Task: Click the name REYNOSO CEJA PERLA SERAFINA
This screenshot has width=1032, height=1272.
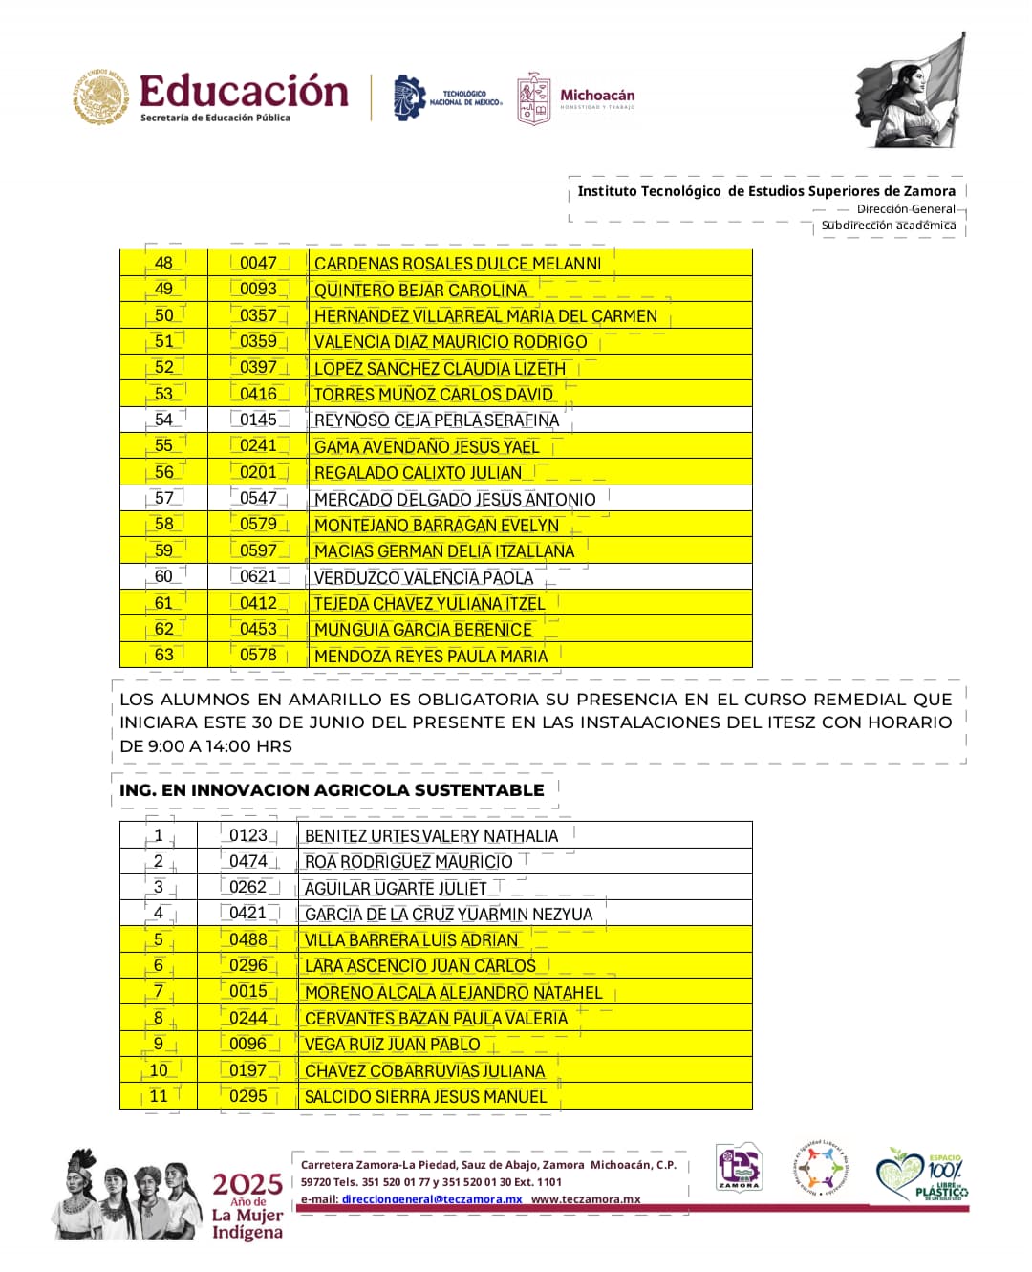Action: click(x=436, y=420)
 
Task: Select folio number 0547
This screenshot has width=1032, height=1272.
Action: click(x=258, y=498)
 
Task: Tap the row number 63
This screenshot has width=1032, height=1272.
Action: click(x=164, y=655)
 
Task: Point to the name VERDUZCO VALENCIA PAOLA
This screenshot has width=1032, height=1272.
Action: click(x=423, y=578)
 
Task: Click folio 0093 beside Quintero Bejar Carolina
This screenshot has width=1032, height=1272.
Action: click(x=258, y=289)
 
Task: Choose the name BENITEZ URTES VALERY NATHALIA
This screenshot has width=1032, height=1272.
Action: click(x=431, y=836)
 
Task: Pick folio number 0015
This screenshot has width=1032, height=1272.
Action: click(x=248, y=991)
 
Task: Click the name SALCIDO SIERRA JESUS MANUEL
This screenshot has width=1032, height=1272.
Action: click(x=425, y=1097)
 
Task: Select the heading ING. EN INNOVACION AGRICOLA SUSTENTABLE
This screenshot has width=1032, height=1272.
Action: click(x=332, y=790)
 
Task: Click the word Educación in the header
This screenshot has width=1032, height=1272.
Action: click(x=244, y=92)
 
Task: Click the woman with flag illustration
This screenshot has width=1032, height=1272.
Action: click(x=913, y=93)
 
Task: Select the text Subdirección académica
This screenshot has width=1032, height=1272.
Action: click(x=889, y=226)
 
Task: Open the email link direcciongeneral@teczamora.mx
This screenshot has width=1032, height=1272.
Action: click(x=432, y=1199)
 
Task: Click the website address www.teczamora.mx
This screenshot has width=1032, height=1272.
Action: click(x=586, y=1199)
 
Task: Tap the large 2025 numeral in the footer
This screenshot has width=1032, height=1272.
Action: click(x=247, y=1185)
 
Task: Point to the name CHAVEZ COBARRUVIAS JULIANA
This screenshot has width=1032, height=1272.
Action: click(x=424, y=1071)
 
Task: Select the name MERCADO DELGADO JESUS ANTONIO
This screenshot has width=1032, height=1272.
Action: click(x=455, y=500)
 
